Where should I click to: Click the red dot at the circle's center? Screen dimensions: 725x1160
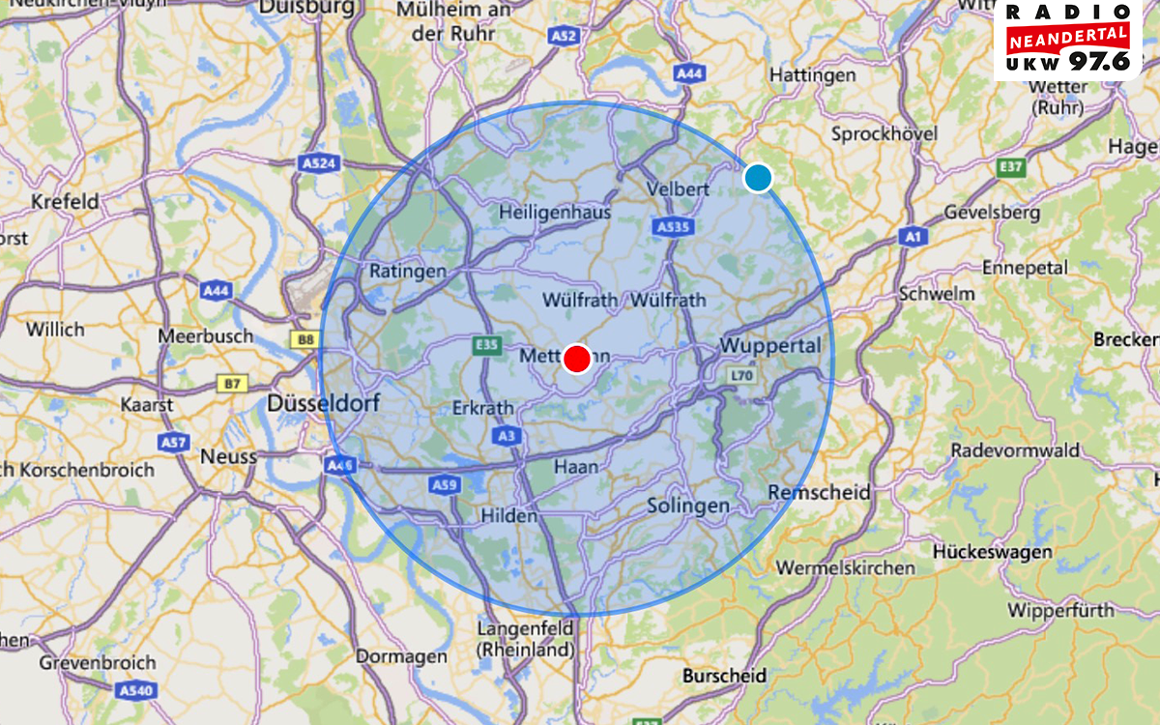coord(577,358)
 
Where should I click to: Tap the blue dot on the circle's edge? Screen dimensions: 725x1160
coord(758,178)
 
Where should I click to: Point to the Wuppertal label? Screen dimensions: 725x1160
coord(769,346)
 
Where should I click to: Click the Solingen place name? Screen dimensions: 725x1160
coord(687,506)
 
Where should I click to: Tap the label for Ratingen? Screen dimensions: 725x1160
coord(408,272)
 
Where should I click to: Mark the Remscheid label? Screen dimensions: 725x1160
coord(819,492)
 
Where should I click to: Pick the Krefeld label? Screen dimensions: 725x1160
coord(65,202)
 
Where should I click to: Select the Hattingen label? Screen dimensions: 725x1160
coord(812,74)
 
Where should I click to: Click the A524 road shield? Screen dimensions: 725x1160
coord(318,163)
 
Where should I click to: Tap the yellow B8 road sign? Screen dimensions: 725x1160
coord(306,339)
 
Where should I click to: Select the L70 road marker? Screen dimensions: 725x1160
coord(741,374)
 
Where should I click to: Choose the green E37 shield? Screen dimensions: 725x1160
coord(1010,168)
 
